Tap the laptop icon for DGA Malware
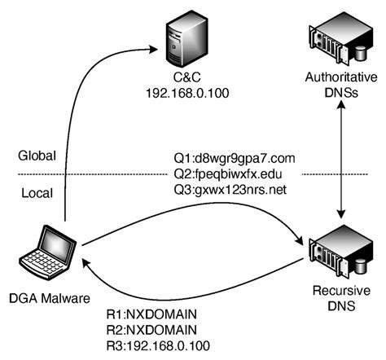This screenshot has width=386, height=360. click(x=48, y=255)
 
